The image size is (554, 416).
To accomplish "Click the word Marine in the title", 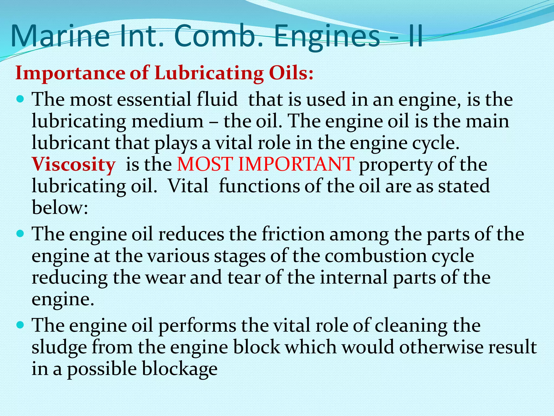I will click(x=60, y=36).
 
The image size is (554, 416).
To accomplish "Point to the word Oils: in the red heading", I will click(x=291, y=73).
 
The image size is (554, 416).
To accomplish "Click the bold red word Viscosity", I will click(x=74, y=165).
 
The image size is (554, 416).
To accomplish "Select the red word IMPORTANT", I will click(x=296, y=164).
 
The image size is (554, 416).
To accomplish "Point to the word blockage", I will click(x=180, y=369).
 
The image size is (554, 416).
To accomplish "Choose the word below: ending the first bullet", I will click(x=60, y=208).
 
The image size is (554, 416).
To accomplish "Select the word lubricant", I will click(x=71, y=143).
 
